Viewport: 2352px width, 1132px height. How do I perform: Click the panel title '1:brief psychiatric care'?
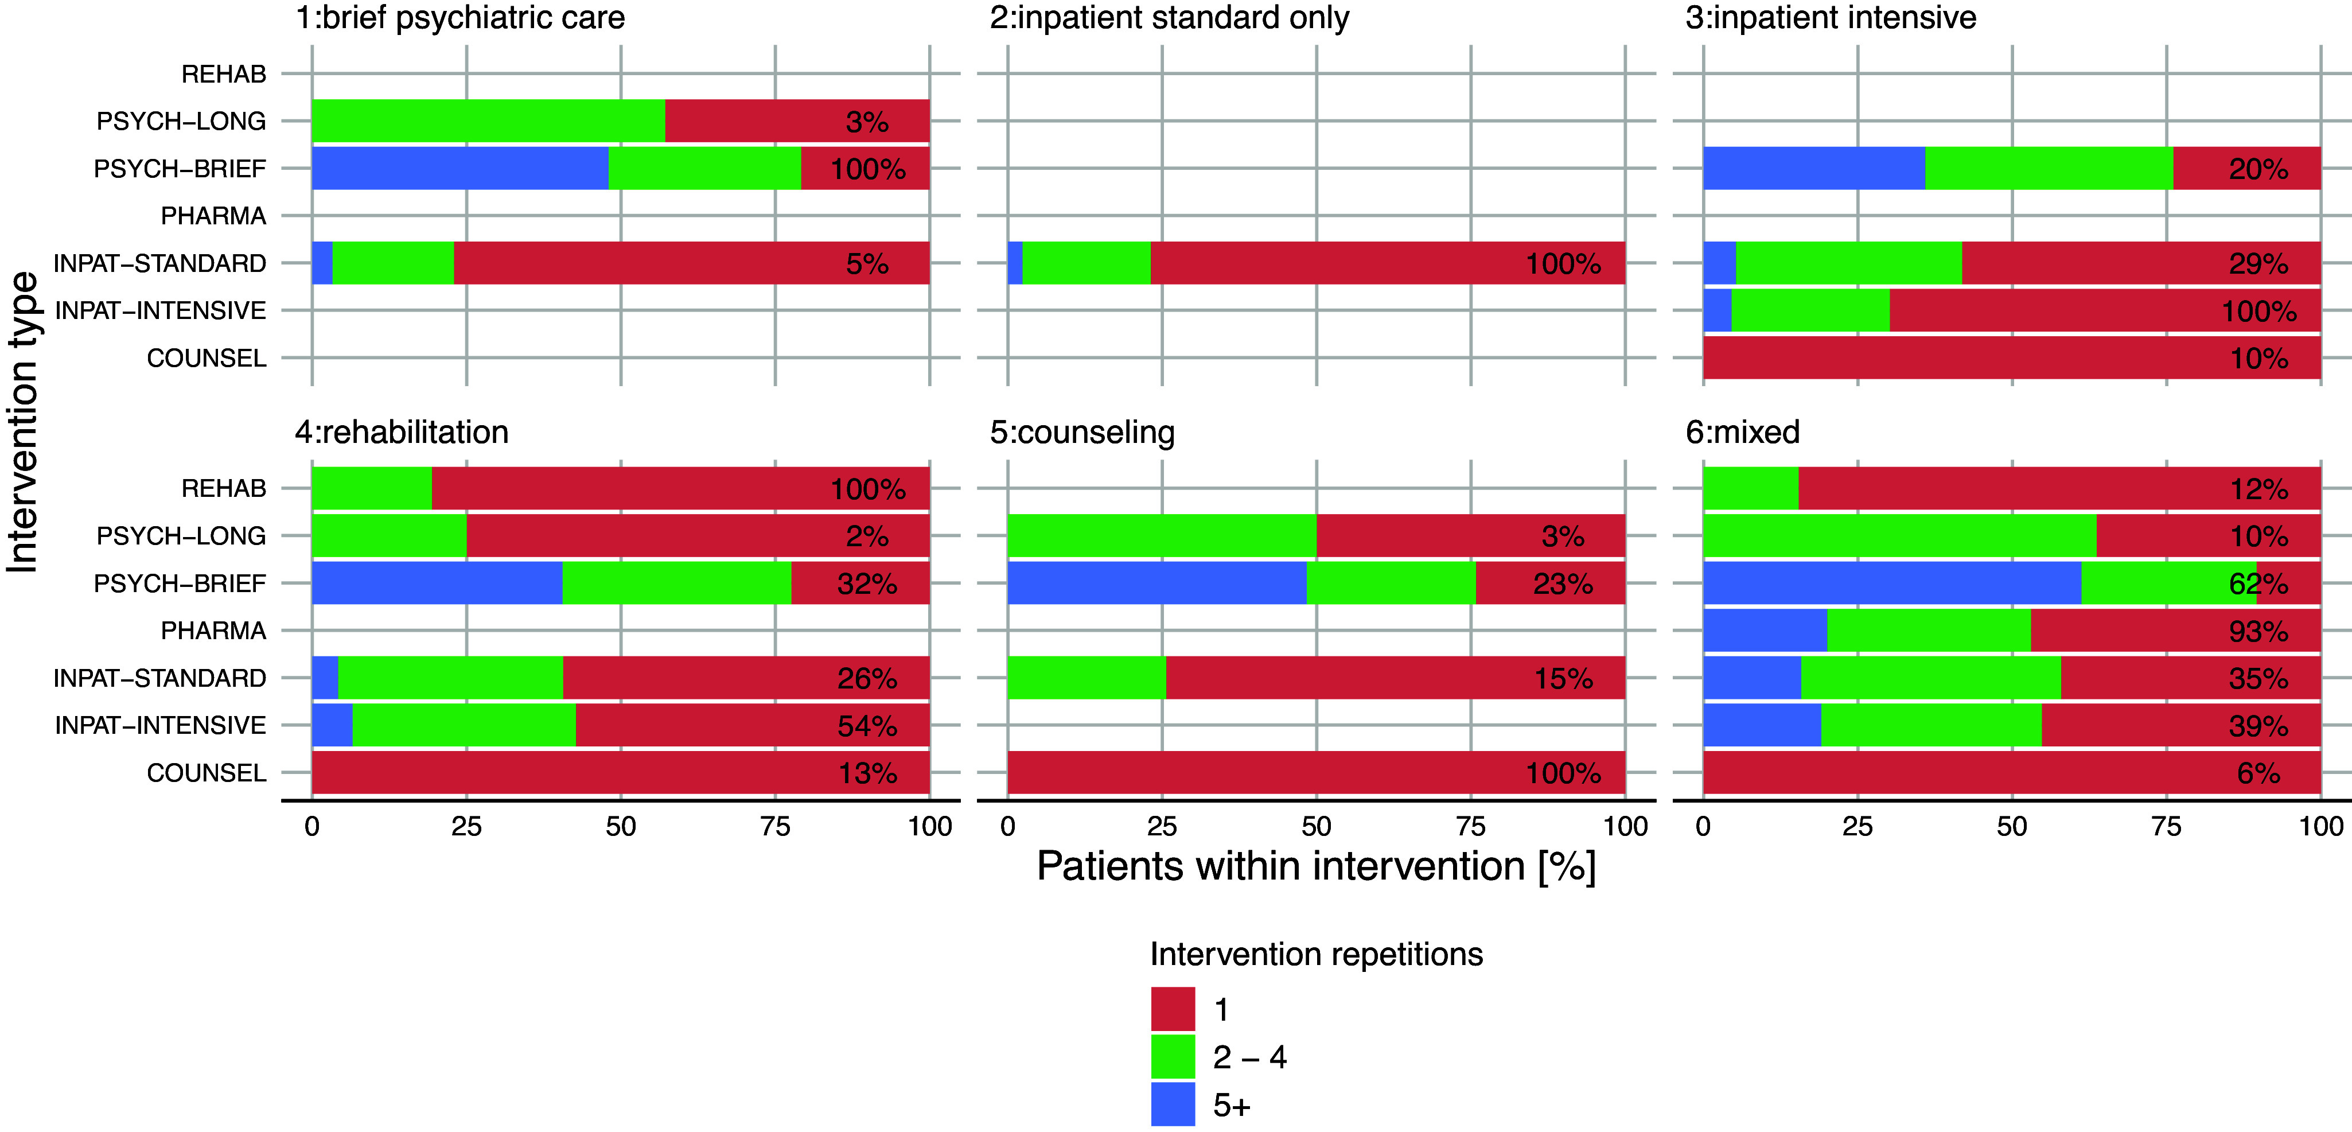coord(460,18)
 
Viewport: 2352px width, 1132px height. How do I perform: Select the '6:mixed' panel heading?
coord(1742,432)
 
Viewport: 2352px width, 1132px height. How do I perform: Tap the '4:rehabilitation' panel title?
coord(402,432)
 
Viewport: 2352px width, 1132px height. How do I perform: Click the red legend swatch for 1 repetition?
coord(1173,1009)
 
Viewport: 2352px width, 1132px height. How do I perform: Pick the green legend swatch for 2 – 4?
coord(1173,1056)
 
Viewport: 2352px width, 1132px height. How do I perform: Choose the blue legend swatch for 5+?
coord(1173,1104)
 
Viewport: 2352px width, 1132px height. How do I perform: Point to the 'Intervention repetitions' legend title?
coord(1316,954)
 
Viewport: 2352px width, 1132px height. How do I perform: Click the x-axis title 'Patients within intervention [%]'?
coord(1316,866)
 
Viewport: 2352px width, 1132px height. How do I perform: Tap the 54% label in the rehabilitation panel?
coord(867,726)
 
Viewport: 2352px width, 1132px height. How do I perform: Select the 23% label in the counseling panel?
coord(1563,583)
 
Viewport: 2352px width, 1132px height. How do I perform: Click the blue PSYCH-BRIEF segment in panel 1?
coord(460,168)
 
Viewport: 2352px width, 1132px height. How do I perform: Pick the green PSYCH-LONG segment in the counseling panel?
coord(1162,536)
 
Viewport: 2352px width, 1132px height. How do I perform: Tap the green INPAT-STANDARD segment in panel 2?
coord(1087,263)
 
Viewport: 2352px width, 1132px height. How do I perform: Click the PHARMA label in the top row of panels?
coord(213,216)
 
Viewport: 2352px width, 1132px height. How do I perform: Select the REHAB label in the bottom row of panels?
coord(224,488)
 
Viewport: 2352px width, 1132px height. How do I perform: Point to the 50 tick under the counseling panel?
coord(1316,826)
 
